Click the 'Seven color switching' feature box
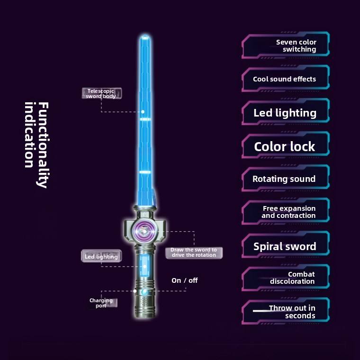coord(285,45)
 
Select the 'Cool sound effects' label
coord(285,79)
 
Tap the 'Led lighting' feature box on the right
coord(285,113)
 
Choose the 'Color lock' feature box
coord(285,146)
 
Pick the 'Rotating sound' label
coord(284,179)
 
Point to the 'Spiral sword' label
coord(285,246)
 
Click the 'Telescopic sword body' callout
coord(101,93)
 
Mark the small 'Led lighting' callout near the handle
coord(101,257)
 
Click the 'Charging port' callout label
coord(101,303)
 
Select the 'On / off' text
coord(185,280)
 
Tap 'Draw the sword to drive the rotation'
coord(194,252)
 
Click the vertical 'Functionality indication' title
coord(36,144)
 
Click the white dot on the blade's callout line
coord(143,112)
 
